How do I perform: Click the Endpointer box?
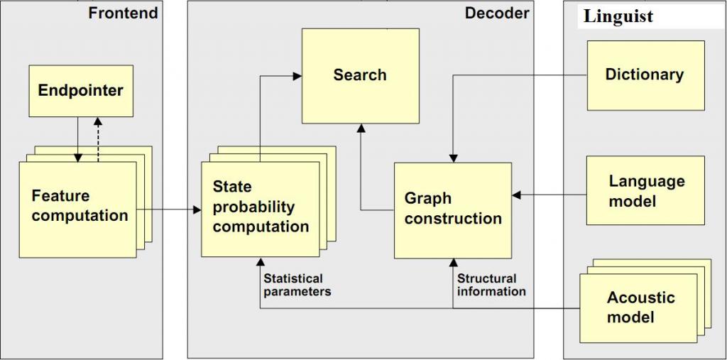click(x=80, y=91)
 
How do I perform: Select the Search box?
click(x=360, y=75)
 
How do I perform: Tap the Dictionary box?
click(x=645, y=75)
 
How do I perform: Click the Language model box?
click(x=645, y=190)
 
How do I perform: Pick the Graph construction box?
click(x=453, y=209)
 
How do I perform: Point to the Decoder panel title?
click(x=497, y=13)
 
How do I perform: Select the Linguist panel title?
click(x=618, y=17)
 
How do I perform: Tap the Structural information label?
click(x=491, y=285)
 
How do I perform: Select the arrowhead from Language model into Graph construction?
click(x=516, y=195)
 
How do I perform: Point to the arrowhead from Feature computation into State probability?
click(x=197, y=210)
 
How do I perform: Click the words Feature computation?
click(x=80, y=206)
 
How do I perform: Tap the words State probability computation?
click(x=261, y=207)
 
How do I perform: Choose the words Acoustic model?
click(x=640, y=307)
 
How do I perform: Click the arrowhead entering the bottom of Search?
click(x=361, y=129)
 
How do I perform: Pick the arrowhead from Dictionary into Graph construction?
click(x=452, y=158)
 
